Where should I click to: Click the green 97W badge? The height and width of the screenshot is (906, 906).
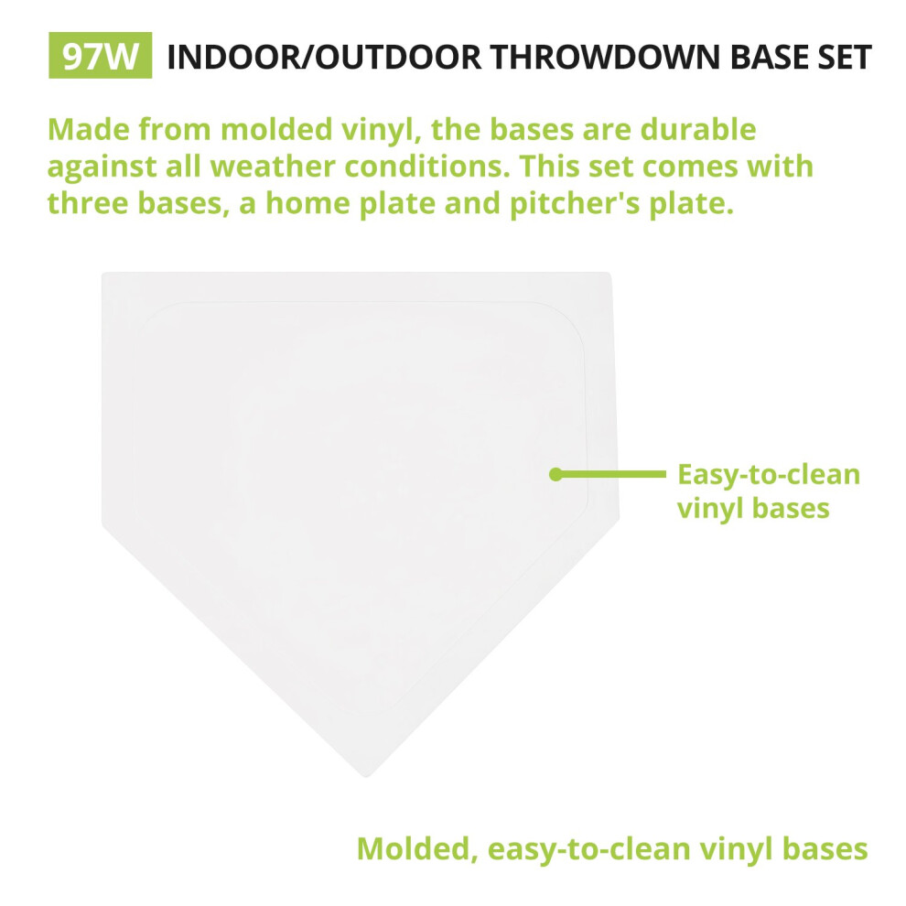coord(100,56)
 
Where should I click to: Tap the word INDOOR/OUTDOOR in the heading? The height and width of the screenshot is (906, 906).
coord(324,58)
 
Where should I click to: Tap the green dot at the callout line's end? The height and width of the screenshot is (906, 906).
coord(555,474)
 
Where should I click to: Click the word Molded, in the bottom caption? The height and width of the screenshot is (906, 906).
coord(417,849)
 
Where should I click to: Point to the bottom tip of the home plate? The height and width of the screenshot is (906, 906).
coord(366,778)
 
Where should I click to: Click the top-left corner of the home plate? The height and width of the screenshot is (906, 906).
coord(102,273)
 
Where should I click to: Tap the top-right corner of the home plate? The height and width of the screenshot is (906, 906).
coord(610,274)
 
